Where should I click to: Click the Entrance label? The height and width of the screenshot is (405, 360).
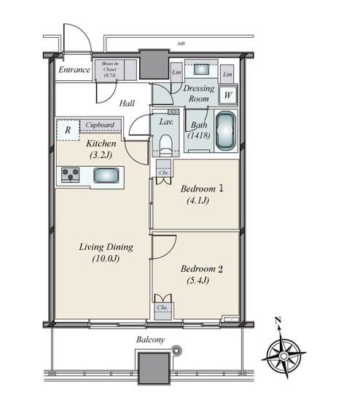tap(74, 70)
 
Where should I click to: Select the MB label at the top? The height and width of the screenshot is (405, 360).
tap(181, 44)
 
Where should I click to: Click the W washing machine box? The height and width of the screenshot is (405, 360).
tap(228, 93)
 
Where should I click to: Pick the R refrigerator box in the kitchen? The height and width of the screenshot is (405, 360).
tap(68, 130)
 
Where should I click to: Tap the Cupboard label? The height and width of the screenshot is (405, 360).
tap(99, 125)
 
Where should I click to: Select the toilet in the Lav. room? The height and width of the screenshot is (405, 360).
tap(166, 141)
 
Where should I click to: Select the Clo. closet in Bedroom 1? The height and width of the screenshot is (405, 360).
tap(164, 170)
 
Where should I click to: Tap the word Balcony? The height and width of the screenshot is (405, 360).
tap(150, 340)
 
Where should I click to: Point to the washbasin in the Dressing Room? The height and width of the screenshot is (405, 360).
tap(203, 71)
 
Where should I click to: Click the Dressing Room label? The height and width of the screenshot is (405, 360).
tap(199, 93)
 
